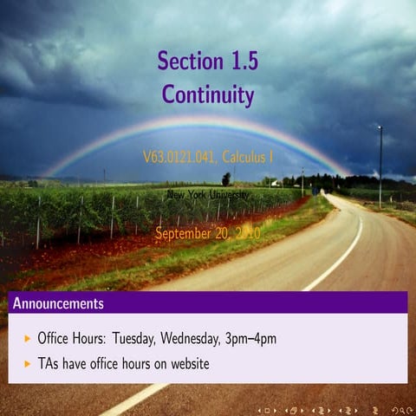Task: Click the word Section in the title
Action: (185, 61)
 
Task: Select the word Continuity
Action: (208, 94)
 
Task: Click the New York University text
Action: (208, 195)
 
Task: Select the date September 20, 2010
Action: (207, 232)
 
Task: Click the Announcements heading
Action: (58, 303)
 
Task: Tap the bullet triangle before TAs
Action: (28, 364)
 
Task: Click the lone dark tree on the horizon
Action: (226, 179)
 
